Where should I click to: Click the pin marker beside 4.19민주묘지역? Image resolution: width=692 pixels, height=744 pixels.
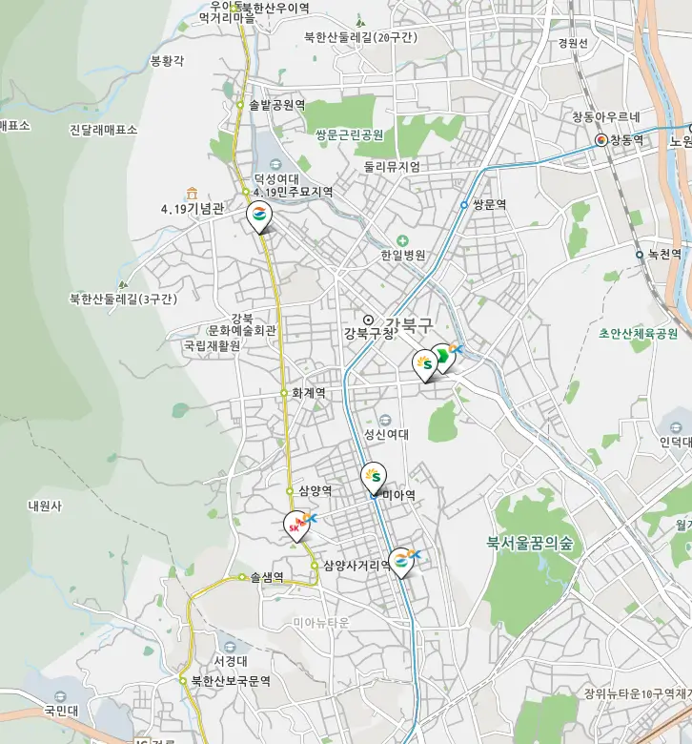pyautogui.click(x=258, y=217)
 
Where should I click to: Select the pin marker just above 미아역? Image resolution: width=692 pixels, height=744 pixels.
pyautogui.click(x=375, y=474)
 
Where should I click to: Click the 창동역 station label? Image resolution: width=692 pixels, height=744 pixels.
pyautogui.click(x=626, y=140)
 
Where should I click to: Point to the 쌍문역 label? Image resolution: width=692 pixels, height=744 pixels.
pyautogui.click(x=488, y=204)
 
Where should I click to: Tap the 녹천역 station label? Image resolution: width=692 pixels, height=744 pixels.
pyautogui.click(x=664, y=255)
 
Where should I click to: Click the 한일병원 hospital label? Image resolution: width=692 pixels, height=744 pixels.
pyautogui.click(x=403, y=256)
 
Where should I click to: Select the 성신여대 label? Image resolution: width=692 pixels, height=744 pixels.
pyautogui.click(x=386, y=434)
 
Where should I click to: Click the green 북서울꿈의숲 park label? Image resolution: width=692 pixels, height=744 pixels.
pyautogui.click(x=530, y=544)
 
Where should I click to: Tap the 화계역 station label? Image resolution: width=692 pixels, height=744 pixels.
pyautogui.click(x=308, y=392)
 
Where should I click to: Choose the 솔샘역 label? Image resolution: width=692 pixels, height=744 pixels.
pyautogui.click(x=267, y=577)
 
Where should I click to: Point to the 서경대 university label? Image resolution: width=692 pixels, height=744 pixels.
pyautogui.click(x=231, y=661)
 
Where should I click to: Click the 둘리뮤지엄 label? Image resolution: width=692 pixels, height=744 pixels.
pyautogui.click(x=391, y=166)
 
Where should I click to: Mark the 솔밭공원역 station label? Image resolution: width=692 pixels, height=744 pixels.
pyautogui.click(x=276, y=105)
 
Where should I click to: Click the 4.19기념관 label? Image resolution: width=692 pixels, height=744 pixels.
pyautogui.click(x=192, y=208)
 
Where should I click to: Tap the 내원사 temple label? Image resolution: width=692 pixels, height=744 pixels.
pyautogui.click(x=45, y=506)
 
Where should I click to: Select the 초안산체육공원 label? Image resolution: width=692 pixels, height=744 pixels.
pyautogui.click(x=638, y=334)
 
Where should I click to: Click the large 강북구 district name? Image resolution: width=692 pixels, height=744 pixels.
pyautogui.click(x=409, y=324)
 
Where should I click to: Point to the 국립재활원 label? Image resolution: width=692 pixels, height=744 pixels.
pyautogui.click(x=212, y=346)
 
